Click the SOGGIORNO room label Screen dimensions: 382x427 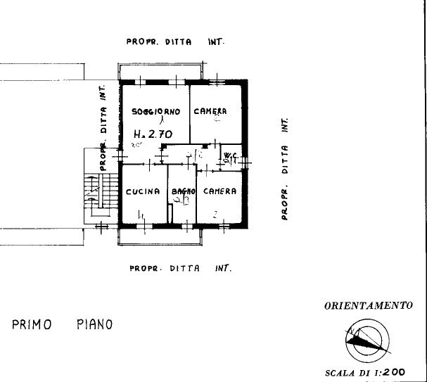(x=156, y=111)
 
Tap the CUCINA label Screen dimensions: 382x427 (x=143, y=191)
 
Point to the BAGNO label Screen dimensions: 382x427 (x=182, y=191)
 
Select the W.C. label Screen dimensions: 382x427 (x=229, y=155)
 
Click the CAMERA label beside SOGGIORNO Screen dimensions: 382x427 (x=210, y=111)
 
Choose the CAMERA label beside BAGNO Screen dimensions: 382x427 (x=219, y=191)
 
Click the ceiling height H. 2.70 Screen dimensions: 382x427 (x=153, y=132)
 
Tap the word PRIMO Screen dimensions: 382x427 (x=32, y=324)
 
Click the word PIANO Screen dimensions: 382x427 (x=94, y=324)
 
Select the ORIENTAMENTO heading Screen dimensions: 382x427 (x=367, y=306)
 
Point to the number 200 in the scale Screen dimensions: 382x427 (x=395, y=372)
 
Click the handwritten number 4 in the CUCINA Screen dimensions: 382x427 (x=141, y=215)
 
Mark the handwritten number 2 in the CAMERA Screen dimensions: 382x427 (x=213, y=213)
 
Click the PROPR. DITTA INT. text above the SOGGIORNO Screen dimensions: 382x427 (x=175, y=42)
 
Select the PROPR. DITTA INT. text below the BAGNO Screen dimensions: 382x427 (x=181, y=268)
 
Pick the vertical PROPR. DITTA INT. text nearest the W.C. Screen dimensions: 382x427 (x=285, y=169)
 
